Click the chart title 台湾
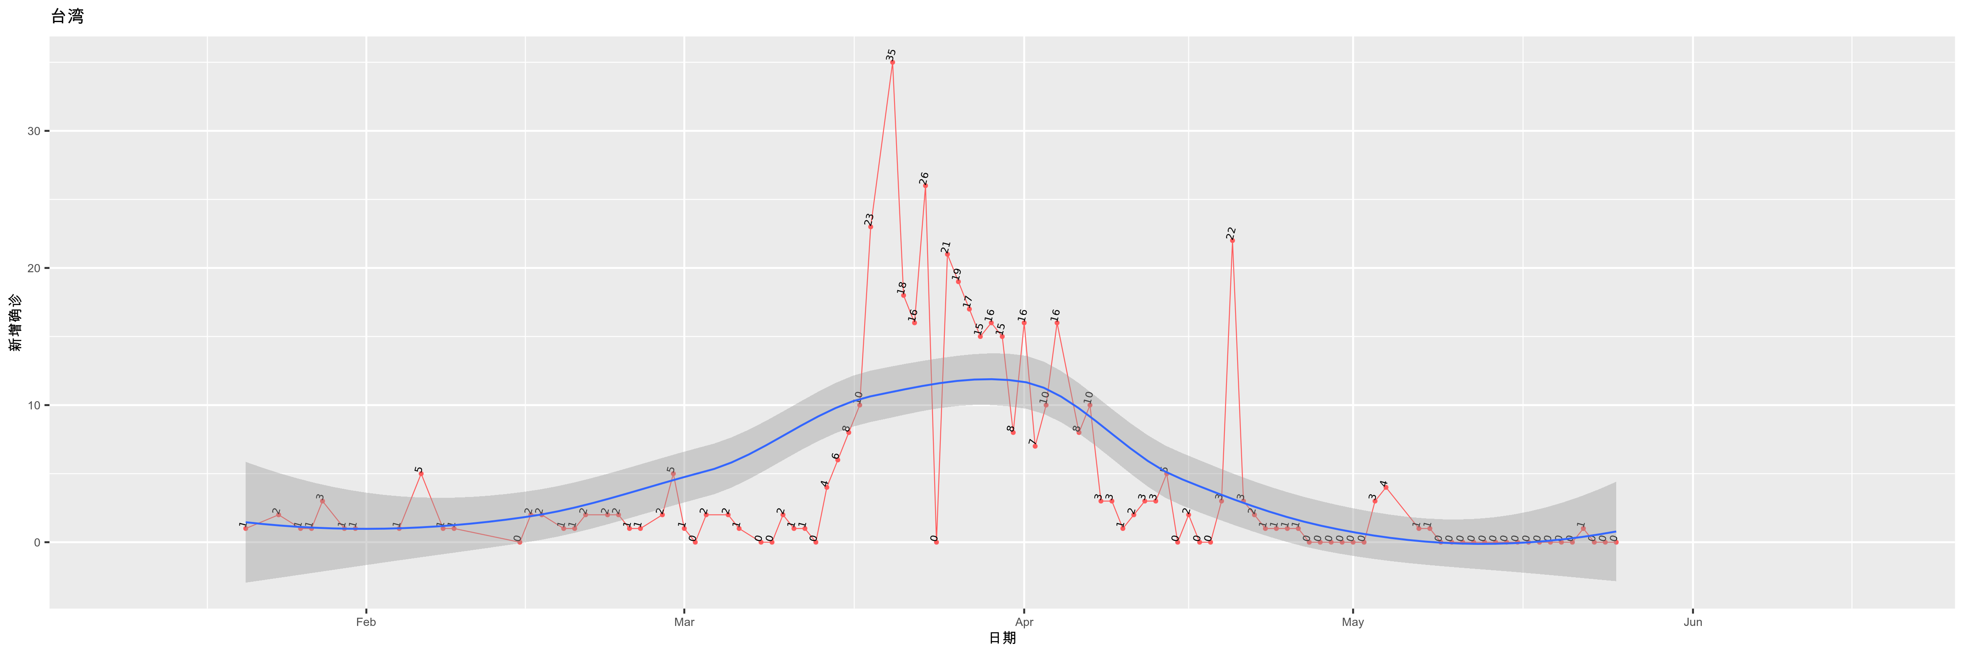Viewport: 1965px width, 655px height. point(67,16)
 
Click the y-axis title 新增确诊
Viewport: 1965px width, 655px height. point(15,323)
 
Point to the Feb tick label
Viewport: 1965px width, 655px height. point(366,622)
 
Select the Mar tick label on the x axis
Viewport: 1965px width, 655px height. point(684,622)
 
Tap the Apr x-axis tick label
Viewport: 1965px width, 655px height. point(1024,622)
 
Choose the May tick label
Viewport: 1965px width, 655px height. point(1353,622)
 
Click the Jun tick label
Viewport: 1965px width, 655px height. point(1693,622)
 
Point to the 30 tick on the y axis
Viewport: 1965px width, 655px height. point(34,131)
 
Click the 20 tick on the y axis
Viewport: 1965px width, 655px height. point(34,269)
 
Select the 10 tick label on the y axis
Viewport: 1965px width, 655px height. point(34,405)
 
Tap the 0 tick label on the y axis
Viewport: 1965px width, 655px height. point(36,542)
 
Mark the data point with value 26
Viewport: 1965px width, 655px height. point(925,185)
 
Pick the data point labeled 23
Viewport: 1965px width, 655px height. point(870,226)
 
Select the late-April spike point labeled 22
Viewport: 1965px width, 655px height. point(1232,240)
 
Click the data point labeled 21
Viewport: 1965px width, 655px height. point(947,254)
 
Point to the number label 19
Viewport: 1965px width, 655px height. point(957,274)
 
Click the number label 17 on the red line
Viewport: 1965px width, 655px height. point(967,301)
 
